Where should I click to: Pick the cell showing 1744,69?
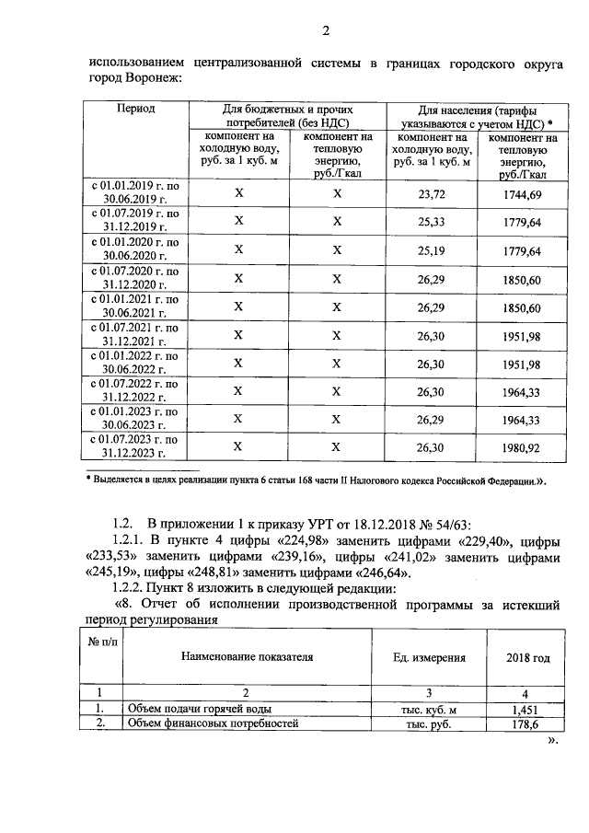pos(522,194)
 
